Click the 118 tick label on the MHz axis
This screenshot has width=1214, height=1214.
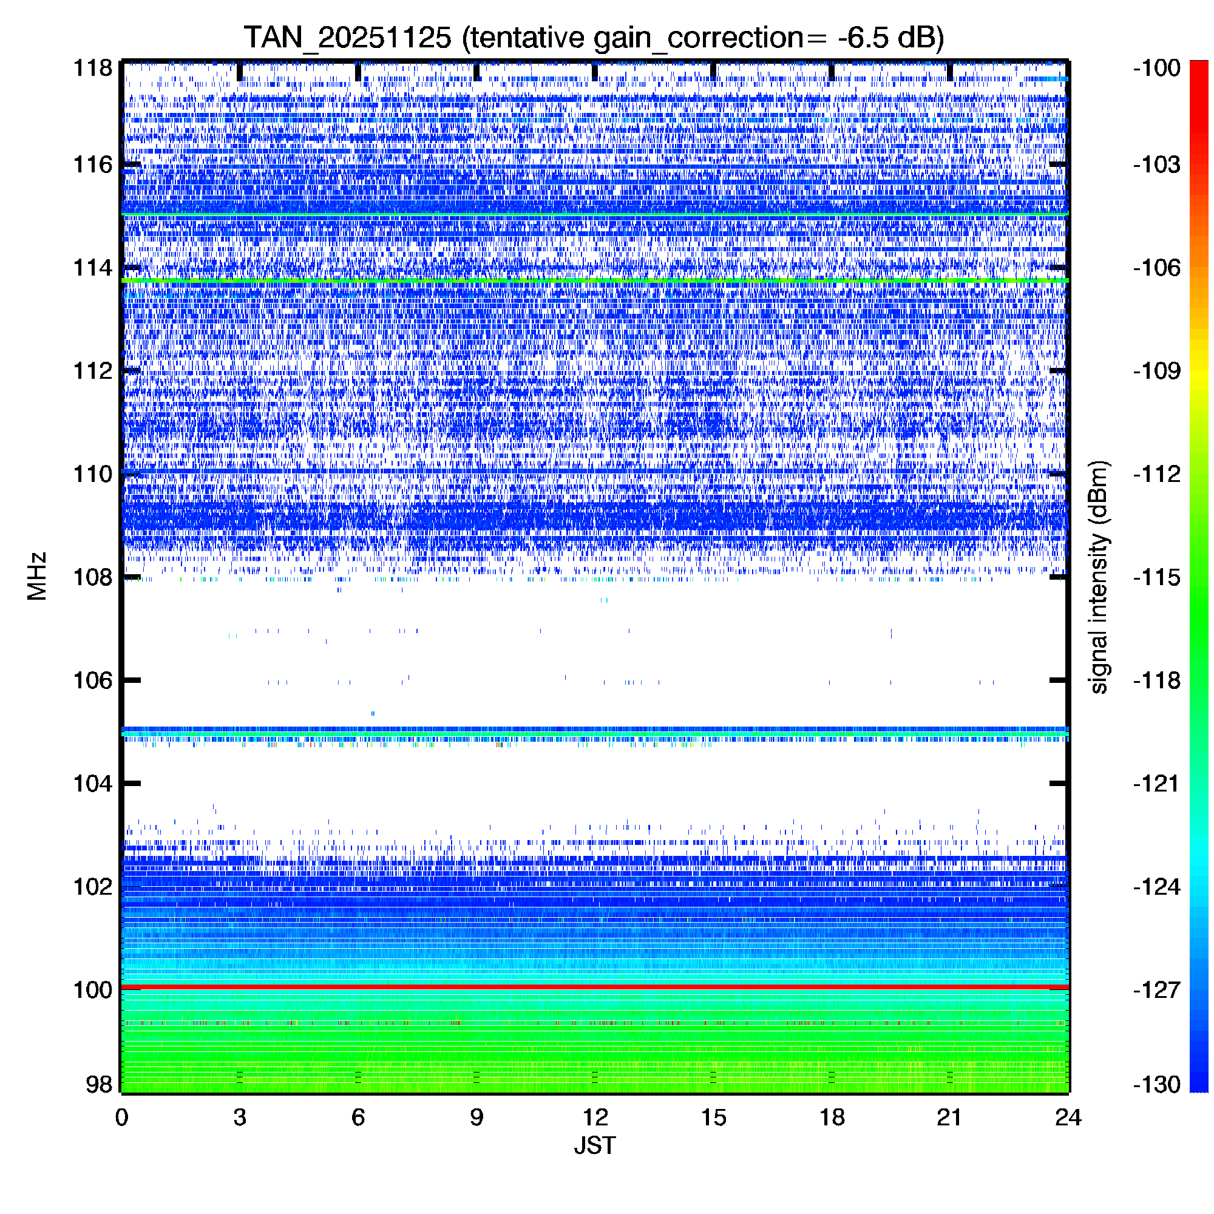coord(93,68)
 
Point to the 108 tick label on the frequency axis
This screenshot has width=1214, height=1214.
coord(93,577)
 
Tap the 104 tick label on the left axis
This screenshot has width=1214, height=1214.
coord(93,784)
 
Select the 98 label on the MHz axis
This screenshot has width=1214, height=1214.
coord(100,1085)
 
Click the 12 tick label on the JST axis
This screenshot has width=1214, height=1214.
coord(594,1117)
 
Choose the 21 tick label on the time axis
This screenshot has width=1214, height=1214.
coord(949,1117)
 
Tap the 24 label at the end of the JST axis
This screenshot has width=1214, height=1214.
coord(1068,1117)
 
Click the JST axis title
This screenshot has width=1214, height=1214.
coord(594,1145)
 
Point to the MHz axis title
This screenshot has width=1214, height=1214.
coord(37,576)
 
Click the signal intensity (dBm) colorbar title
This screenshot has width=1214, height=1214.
coord(1099,577)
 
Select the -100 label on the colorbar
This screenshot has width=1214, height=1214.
coord(1157,68)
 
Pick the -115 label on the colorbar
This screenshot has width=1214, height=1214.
coord(1157,577)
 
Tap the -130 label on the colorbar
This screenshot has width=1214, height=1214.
coord(1157,1085)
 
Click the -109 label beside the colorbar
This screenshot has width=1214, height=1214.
coord(1157,371)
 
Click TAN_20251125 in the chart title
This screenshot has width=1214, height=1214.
coord(347,38)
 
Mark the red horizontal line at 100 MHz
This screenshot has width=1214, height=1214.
coord(594,987)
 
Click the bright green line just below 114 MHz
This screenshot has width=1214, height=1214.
coord(594,280)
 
